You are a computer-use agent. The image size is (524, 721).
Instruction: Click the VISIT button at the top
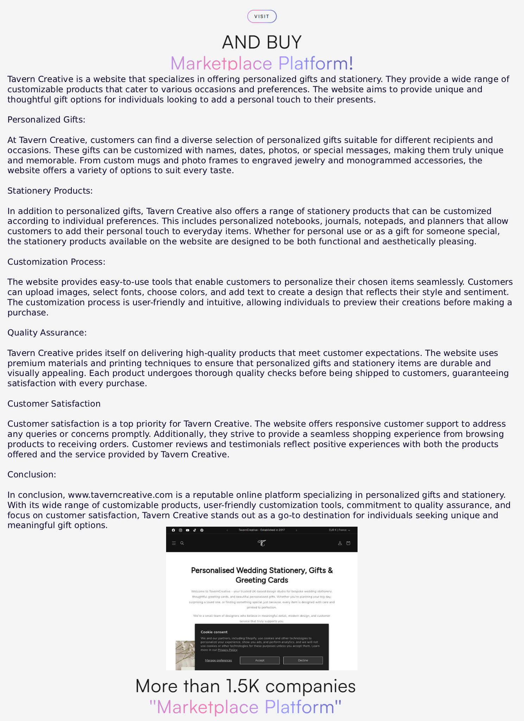click(x=262, y=17)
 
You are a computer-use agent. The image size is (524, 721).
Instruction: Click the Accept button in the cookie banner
click(x=260, y=660)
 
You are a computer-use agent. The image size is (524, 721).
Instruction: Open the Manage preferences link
click(x=218, y=660)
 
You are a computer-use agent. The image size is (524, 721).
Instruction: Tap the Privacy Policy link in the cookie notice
click(x=227, y=650)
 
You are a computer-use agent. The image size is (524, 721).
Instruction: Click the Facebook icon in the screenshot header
click(x=173, y=530)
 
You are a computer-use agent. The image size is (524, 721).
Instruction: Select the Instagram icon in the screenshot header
click(x=181, y=530)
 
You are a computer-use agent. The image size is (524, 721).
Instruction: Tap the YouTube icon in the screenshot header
click(x=188, y=530)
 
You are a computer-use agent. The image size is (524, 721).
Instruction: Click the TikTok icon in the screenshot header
click(x=195, y=530)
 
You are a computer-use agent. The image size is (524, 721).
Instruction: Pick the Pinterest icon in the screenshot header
click(x=202, y=530)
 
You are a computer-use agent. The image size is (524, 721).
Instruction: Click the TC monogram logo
click(x=261, y=543)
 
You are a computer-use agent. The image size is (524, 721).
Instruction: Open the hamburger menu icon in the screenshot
click(x=174, y=543)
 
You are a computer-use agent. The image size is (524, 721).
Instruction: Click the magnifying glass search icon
click(x=182, y=543)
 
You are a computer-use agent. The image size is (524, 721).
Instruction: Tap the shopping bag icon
click(x=348, y=543)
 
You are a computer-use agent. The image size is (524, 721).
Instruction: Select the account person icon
click(x=340, y=543)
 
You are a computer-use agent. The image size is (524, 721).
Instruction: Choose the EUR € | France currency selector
click(x=339, y=530)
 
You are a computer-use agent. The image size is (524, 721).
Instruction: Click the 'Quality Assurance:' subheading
click(x=47, y=333)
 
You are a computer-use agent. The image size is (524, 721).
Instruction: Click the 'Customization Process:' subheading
click(x=56, y=262)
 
